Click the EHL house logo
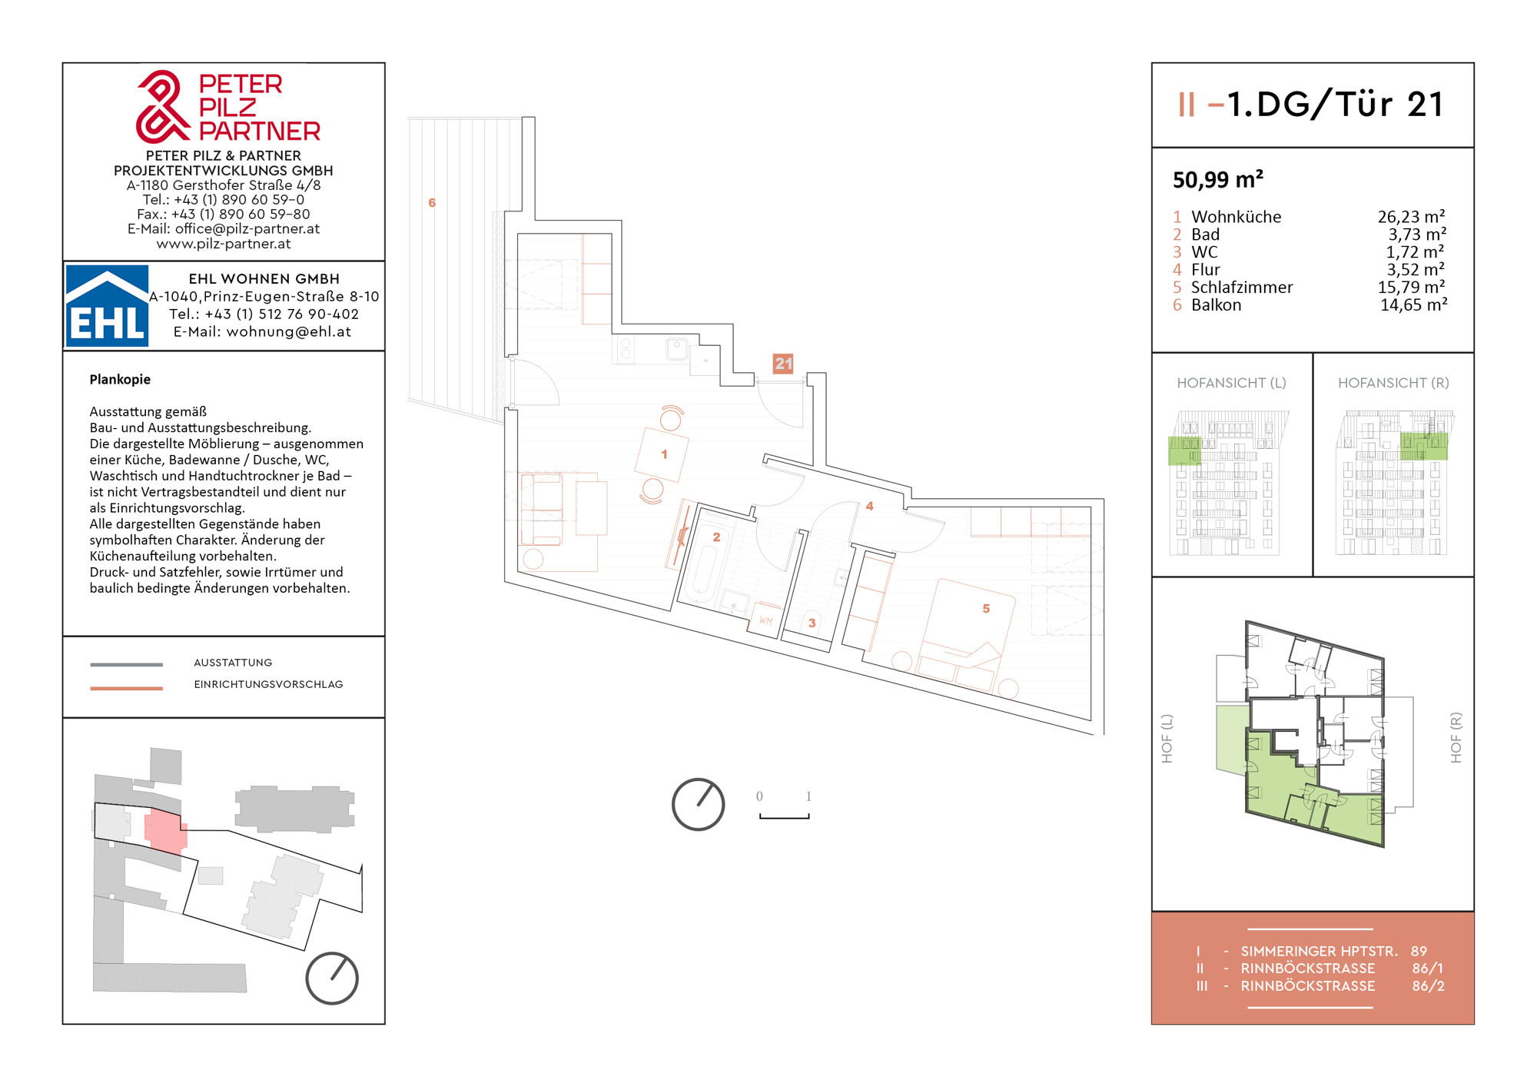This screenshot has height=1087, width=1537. coord(107,306)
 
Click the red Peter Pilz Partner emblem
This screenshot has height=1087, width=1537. coord(162,108)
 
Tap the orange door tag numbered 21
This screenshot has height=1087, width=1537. coord(783,364)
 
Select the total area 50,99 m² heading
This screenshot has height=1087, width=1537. coord(1218,180)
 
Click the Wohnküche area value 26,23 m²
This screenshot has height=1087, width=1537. coord(1411,217)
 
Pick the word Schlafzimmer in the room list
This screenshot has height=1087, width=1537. coord(1242,288)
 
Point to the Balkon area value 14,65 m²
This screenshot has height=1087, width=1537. coord(1413,305)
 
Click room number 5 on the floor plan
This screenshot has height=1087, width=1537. coord(986,609)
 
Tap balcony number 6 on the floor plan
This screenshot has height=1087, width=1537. coord(432,203)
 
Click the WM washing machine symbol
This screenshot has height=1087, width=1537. coord(765,620)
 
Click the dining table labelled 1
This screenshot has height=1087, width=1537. coord(662,454)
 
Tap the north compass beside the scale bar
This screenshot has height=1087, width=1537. coord(698,805)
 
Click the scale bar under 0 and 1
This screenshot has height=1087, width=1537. coord(785,816)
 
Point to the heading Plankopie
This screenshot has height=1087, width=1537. coord(120,380)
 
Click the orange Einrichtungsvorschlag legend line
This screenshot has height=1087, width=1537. coord(127,688)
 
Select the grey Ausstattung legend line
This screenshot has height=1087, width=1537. coord(127,664)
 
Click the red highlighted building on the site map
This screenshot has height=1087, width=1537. coord(165,831)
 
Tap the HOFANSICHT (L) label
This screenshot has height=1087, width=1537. coord(1231,383)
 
